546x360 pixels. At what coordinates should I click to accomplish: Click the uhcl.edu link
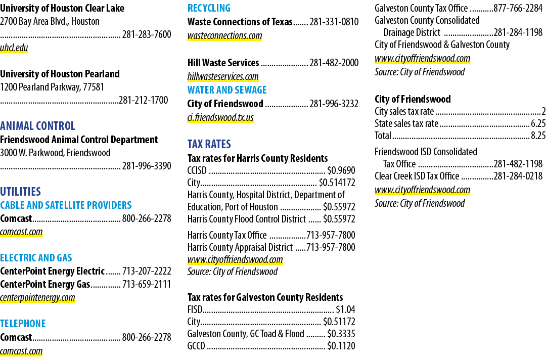(x=14, y=48)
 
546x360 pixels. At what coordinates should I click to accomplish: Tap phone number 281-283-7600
(x=147, y=34)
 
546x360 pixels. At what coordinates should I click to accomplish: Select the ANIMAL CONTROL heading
(x=37, y=126)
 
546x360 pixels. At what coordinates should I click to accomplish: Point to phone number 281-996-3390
(x=147, y=166)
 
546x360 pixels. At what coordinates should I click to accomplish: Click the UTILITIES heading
(x=21, y=192)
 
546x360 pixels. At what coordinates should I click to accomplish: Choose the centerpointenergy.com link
(x=37, y=297)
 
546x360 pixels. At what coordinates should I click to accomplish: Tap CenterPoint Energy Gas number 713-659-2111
(x=147, y=284)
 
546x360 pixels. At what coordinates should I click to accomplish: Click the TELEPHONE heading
(x=23, y=324)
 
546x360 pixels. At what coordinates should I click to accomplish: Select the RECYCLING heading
(x=209, y=8)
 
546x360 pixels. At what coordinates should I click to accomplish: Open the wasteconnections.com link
(x=224, y=35)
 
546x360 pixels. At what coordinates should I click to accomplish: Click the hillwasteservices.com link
(x=223, y=76)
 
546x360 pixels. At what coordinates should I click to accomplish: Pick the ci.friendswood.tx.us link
(x=220, y=117)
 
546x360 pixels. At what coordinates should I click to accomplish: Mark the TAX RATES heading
(x=209, y=144)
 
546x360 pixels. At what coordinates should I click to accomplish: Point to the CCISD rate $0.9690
(x=341, y=170)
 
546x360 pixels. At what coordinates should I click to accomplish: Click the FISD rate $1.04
(x=345, y=309)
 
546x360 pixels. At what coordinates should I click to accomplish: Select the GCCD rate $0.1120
(x=341, y=346)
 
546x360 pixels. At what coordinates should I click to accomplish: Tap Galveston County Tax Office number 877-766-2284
(x=518, y=8)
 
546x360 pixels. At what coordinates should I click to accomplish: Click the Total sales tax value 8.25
(x=538, y=136)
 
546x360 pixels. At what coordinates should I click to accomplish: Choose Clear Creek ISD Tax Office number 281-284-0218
(x=518, y=176)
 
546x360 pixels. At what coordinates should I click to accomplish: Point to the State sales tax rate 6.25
(x=538, y=123)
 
